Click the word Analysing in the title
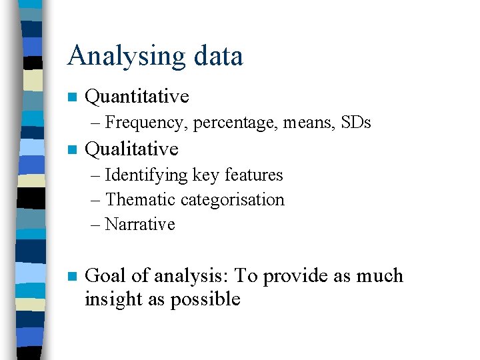click(121, 57)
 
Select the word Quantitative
click(137, 97)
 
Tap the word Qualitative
click(132, 149)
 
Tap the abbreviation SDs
click(356, 123)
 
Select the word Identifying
click(147, 175)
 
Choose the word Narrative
click(140, 224)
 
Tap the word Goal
click(106, 276)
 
